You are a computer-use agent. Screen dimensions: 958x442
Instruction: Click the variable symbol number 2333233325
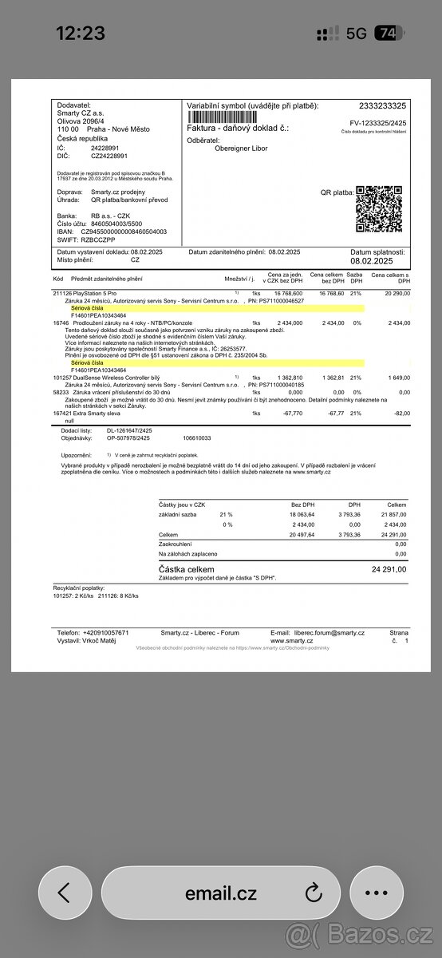pyautogui.click(x=382, y=106)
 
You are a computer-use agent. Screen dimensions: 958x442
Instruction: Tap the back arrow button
pyautogui.click(x=65, y=893)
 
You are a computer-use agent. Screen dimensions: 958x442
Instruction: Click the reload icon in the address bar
pyautogui.click(x=313, y=893)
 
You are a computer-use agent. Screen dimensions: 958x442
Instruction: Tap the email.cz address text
pyautogui.click(x=221, y=893)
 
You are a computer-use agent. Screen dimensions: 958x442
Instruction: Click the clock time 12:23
pyautogui.click(x=80, y=33)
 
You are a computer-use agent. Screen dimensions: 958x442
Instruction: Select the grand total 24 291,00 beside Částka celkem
pyautogui.click(x=389, y=570)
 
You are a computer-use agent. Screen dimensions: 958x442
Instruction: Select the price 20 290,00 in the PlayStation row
pyautogui.click(x=393, y=293)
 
